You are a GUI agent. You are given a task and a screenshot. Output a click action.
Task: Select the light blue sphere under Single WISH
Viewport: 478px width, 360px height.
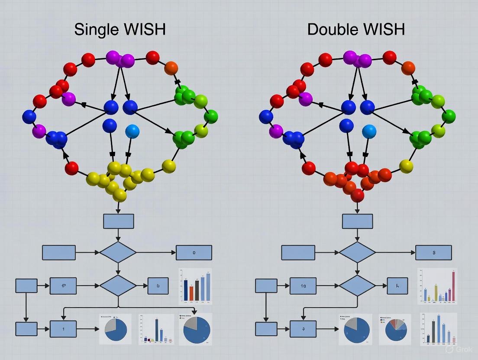[132, 131]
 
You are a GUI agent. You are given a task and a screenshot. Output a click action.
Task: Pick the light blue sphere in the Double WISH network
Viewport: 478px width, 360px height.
[369, 131]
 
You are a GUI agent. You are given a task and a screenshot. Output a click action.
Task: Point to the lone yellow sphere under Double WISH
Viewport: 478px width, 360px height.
[406, 166]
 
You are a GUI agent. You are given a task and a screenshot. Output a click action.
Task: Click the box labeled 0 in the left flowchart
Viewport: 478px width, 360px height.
[194, 253]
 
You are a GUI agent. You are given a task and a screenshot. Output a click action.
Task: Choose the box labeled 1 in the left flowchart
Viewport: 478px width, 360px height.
[63, 329]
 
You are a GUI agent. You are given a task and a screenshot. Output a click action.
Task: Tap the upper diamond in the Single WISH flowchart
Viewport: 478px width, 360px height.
[118, 252]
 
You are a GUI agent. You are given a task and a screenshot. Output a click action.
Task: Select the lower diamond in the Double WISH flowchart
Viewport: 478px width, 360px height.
[357, 286]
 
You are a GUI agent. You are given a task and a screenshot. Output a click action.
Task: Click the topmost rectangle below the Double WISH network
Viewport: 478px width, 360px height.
[357, 221]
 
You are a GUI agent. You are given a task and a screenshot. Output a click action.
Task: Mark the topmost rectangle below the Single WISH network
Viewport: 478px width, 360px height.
[118, 221]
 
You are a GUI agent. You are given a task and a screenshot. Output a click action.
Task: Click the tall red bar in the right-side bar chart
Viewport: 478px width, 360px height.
[453, 286]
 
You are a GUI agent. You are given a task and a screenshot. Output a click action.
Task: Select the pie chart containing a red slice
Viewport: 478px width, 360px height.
[396, 329]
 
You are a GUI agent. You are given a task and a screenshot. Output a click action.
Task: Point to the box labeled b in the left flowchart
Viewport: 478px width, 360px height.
[158, 286]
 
